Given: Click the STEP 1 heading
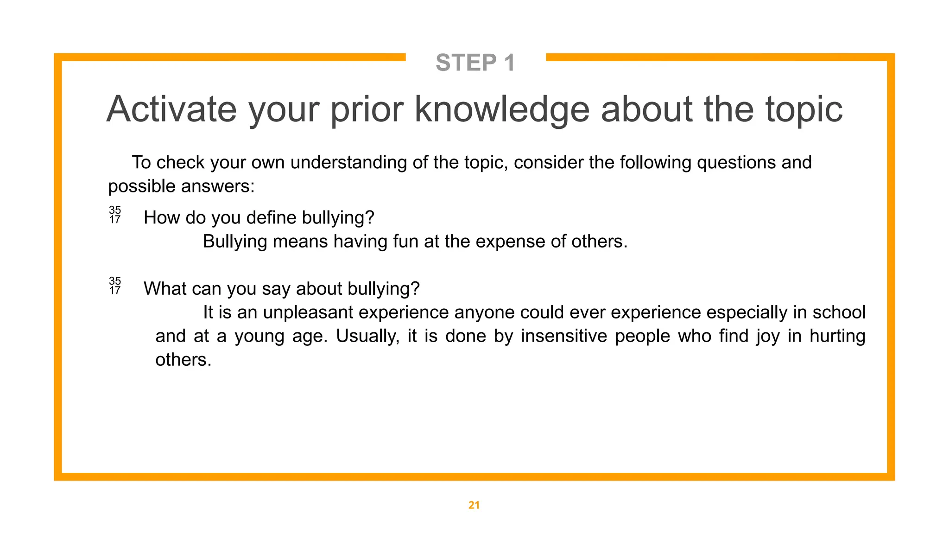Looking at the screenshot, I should (x=475, y=63).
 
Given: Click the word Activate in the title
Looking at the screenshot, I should (x=171, y=109).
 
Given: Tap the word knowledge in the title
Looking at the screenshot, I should (x=501, y=109).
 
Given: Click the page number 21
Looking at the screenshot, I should (x=474, y=505).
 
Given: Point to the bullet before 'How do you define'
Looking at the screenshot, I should (x=115, y=215).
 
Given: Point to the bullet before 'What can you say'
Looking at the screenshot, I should (x=115, y=286).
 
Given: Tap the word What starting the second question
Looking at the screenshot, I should (x=164, y=289).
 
